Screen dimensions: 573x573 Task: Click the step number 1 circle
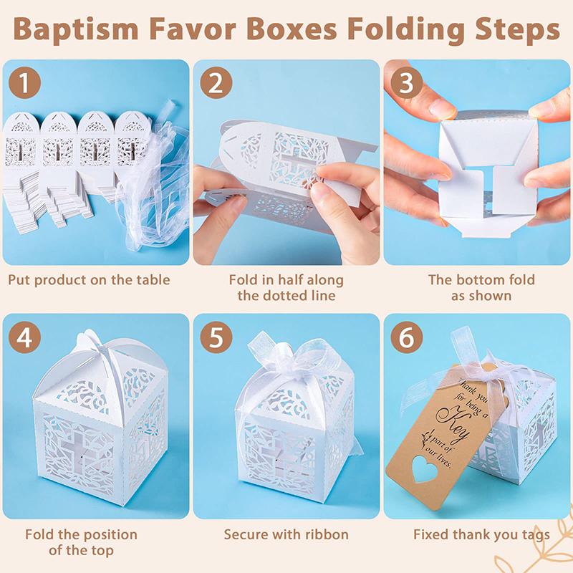[25, 85]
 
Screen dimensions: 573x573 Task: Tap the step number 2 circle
[216, 85]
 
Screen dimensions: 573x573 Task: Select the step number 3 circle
[406, 85]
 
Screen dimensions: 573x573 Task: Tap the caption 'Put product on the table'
[90, 279]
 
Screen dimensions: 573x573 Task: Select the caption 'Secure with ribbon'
[286, 534]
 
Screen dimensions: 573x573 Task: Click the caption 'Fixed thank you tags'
[481, 534]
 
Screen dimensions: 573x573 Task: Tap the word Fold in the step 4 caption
[40, 534]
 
